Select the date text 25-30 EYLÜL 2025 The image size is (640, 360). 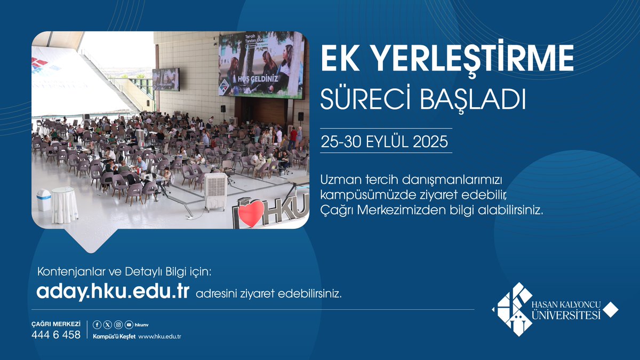point(384,143)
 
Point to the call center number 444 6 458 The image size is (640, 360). point(56,335)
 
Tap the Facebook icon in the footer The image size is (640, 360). point(97,324)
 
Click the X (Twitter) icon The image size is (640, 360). point(107,324)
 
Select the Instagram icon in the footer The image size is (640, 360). point(118,324)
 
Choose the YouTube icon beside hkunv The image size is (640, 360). point(129,324)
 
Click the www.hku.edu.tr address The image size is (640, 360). point(160,337)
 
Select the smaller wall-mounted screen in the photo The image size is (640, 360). point(166,79)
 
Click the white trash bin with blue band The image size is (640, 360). point(44,200)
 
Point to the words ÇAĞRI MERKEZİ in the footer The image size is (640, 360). point(56,324)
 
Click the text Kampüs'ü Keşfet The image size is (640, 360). point(114,337)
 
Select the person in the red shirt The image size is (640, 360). point(293,137)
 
